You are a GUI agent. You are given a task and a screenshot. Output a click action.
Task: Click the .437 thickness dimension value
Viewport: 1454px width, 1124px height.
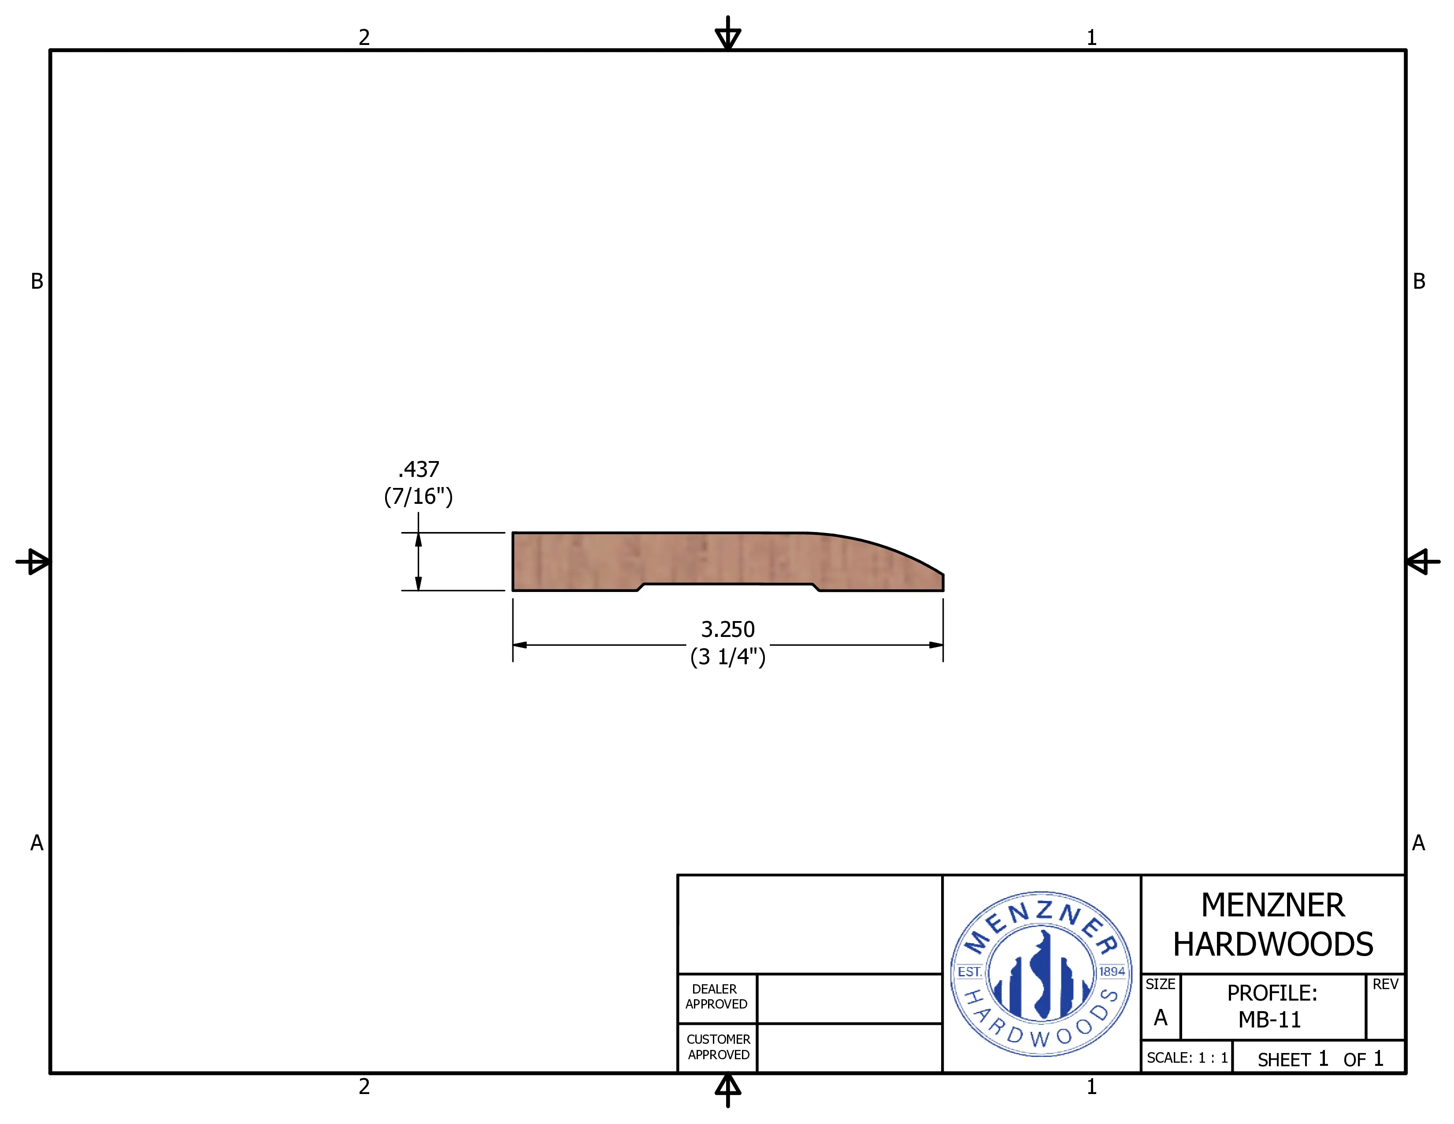[x=419, y=469]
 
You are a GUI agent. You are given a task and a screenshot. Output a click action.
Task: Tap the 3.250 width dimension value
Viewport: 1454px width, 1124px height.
[x=728, y=629]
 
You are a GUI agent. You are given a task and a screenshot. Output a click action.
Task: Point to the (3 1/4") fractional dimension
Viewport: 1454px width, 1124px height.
[x=728, y=657]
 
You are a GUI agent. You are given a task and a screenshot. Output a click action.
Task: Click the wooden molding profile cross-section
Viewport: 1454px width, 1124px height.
[x=728, y=561]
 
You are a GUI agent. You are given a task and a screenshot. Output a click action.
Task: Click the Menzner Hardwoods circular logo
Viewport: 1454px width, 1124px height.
[x=1041, y=974]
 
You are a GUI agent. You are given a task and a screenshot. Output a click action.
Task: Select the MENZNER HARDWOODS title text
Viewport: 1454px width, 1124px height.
[x=1273, y=925]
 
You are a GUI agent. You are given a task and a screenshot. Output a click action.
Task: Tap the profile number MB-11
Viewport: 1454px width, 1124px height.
[x=1269, y=1020]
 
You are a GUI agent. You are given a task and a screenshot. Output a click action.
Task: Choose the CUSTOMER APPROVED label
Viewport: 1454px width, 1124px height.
[x=718, y=1047]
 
